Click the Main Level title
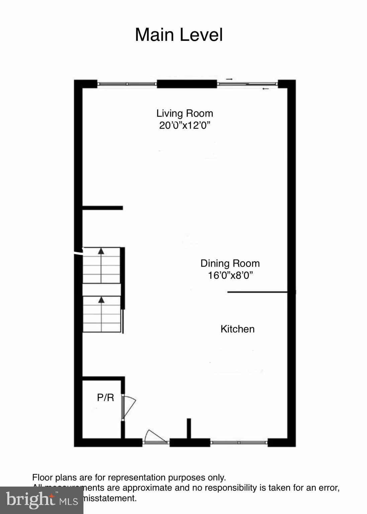179,35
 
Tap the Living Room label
185,113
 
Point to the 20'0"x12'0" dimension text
185,125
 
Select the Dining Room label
230,263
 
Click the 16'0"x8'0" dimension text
230,275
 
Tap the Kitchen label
238,329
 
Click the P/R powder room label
105,398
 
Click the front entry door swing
155,437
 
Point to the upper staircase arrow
101,251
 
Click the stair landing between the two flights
101,289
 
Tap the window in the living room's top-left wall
127,84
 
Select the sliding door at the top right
248,84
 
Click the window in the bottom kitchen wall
239,442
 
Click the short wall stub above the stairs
103,208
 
